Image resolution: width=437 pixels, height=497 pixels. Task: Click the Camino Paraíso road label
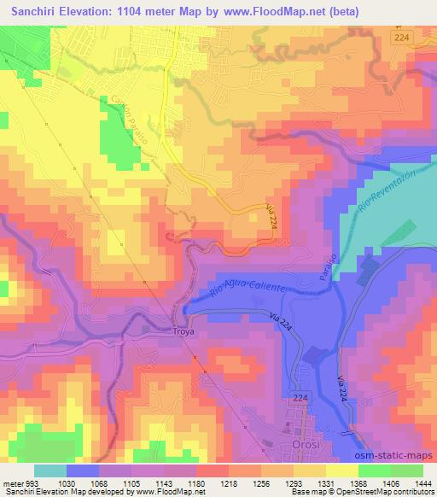coord(125,115)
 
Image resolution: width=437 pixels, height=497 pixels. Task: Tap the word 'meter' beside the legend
coord(11,483)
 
